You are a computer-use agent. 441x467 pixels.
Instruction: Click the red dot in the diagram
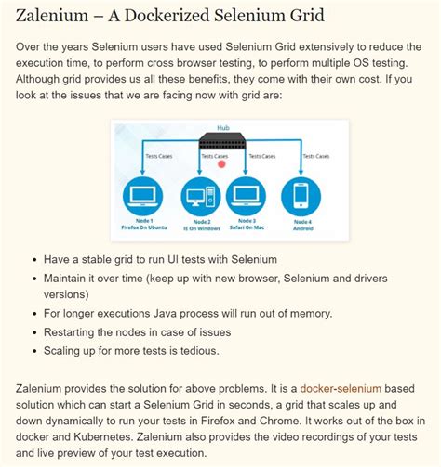tap(222, 164)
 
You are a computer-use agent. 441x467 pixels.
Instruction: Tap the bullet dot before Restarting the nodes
tap(33, 332)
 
